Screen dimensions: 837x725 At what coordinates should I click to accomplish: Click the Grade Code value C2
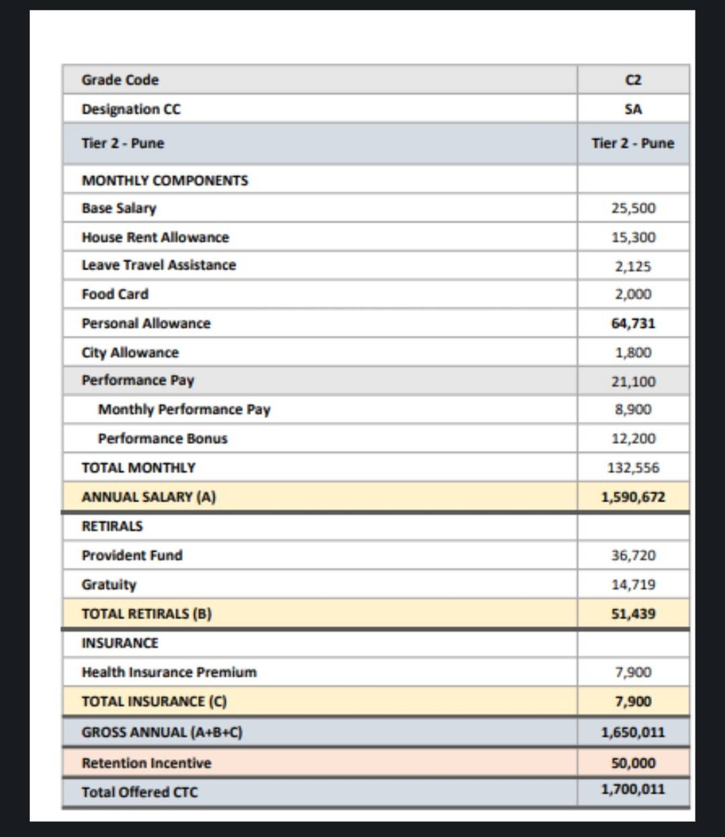(633, 80)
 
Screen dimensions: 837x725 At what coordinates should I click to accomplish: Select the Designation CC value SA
(633, 109)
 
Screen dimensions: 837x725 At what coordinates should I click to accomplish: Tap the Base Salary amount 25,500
(633, 208)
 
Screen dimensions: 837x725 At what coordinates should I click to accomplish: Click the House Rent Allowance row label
(155, 237)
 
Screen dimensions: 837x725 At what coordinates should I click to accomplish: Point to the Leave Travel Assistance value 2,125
(633, 266)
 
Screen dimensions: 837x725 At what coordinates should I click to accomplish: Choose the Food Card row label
(115, 294)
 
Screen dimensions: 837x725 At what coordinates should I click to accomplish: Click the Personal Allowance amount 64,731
(633, 323)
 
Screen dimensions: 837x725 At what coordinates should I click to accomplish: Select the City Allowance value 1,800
(633, 352)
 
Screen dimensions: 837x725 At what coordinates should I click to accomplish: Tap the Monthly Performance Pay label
(184, 409)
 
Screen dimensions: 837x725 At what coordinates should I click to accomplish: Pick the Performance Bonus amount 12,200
(633, 439)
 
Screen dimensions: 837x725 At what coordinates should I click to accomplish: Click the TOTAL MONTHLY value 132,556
(633, 468)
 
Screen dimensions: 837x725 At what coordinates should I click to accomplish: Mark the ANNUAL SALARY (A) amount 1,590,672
(633, 497)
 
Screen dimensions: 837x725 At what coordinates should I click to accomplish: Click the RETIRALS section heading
(112, 526)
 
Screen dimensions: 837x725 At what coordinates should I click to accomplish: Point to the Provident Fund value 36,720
(633, 555)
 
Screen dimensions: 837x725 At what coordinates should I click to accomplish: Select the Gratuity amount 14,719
(633, 584)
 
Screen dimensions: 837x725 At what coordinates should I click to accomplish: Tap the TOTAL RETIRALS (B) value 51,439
(633, 613)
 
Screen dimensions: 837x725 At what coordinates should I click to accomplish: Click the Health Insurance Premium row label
(169, 672)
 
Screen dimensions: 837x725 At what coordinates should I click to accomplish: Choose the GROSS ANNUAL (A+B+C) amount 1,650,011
(633, 732)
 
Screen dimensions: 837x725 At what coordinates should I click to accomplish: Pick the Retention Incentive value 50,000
(633, 763)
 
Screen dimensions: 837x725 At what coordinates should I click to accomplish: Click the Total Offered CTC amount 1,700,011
(633, 789)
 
